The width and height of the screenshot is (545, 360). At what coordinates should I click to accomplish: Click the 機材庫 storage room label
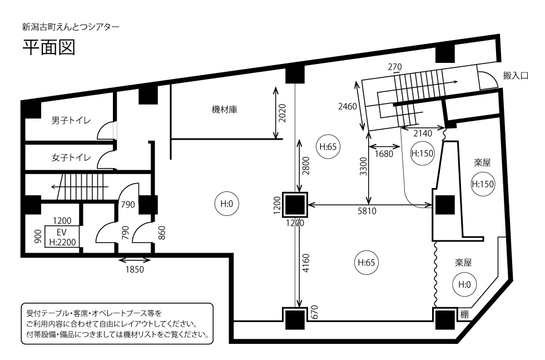click(x=225, y=110)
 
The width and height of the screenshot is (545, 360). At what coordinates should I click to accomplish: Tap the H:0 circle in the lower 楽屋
click(x=464, y=284)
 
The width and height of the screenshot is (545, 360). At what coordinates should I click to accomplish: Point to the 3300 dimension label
click(x=363, y=165)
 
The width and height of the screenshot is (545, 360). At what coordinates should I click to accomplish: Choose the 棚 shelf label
click(x=464, y=314)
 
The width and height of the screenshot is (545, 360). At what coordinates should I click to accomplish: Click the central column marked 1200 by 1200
click(x=295, y=205)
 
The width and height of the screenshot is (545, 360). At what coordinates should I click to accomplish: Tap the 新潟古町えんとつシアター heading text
click(x=70, y=26)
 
